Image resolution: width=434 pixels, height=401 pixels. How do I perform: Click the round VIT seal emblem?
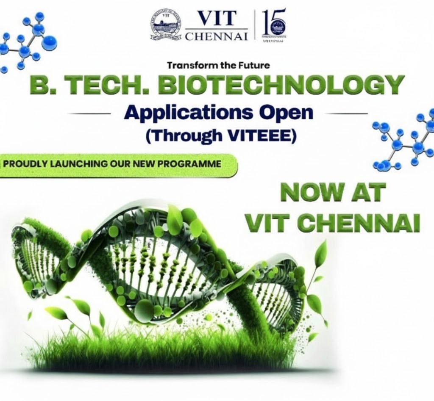pyautogui.click(x=166, y=25)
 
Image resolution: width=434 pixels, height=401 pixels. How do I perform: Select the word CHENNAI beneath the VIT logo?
pyautogui.click(x=216, y=36)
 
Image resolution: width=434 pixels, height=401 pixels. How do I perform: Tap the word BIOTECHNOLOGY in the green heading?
pyautogui.click(x=282, y=86)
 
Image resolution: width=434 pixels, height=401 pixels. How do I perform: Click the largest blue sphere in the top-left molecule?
pyautogui.click(x=50, y=43)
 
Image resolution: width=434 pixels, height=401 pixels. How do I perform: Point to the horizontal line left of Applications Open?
pyautogui.click(x=89, y=113)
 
